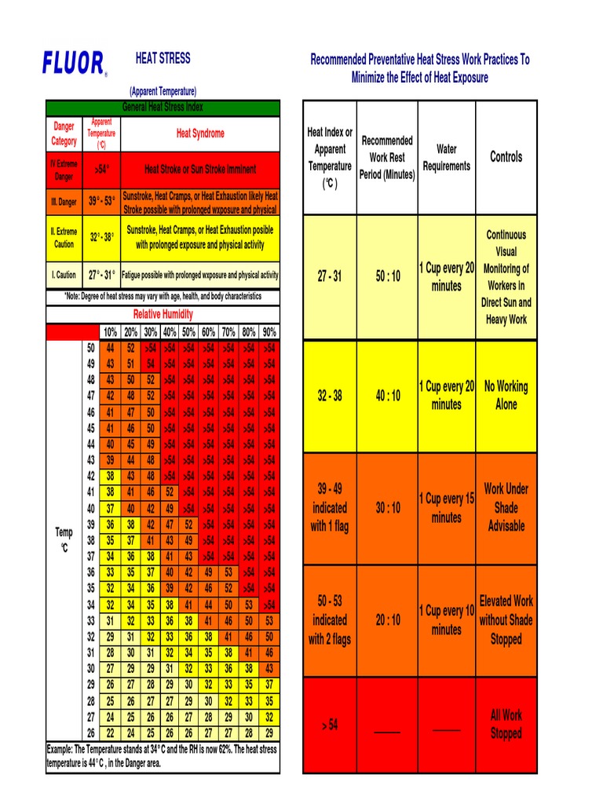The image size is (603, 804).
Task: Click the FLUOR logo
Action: (x=74, y=63)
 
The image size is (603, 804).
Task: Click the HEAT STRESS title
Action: (x=163, y=58)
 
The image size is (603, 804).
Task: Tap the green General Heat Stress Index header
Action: (x=163, y=108)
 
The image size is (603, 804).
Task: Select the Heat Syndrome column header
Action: (x=200, y=133)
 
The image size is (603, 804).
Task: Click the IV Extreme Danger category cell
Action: (x=64, y=170)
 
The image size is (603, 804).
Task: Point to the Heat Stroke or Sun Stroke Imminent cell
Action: (x=200, y=170)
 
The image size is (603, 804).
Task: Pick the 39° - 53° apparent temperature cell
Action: (x=102, y=202)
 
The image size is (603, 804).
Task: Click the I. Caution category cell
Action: (x=64, y=276)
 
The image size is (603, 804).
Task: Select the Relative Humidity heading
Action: (x=163, y=314)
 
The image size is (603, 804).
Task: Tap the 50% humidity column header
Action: (x=188, y=332)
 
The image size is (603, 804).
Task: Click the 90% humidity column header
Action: (x=269, y=332)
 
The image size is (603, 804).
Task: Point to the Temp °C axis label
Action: (x=64, y=540)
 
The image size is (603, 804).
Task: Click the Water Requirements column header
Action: (x=446, y=157)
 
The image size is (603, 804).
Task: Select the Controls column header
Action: (x=506, y=157)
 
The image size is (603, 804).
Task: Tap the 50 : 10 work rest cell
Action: (x=387, y=276)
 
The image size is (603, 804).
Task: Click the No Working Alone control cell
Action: (x=506, y=396)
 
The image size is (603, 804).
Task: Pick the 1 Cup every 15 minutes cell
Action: (x=446, y=508)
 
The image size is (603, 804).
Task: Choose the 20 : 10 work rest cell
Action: (x=387, y=620)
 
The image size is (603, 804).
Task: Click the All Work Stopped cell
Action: (x=506, y=724)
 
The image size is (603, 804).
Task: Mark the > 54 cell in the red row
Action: (x=330, y=725)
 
